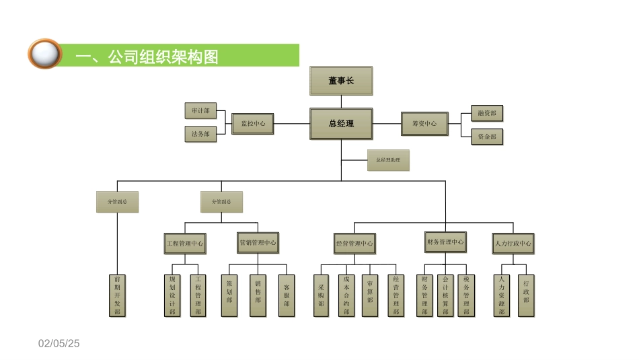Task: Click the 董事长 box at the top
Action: click(340, 81)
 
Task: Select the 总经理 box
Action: click(340, 124)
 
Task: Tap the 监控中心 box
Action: click(253, 124)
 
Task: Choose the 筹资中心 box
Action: click(424, 124)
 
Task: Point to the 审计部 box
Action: click(200, 110)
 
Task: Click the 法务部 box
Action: click(200, 134)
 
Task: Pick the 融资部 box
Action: click(486, 113)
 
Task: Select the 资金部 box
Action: click(486, 137)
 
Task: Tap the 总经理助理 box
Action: click(388, 160)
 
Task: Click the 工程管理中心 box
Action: click(185, 243)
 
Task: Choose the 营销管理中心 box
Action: click(258, 242)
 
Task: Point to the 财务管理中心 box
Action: click(445, 242)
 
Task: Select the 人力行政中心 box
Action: click(513, 243)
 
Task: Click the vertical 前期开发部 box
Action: click(118, 295)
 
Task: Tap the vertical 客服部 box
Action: click(287, 295)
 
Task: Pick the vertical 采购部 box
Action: click(322, 295)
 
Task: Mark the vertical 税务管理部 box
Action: click(466, 295)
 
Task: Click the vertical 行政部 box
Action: click(526, 295)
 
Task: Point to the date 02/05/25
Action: click(59, 344)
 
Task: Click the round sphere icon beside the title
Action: click(44, 54)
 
